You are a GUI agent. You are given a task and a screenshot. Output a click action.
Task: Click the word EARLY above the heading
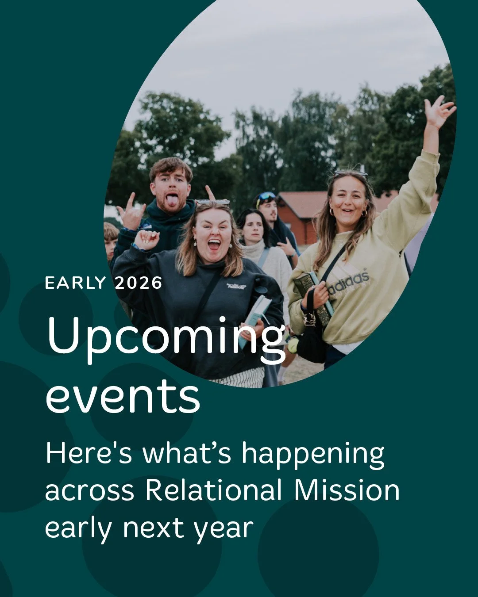[x=76, y=283]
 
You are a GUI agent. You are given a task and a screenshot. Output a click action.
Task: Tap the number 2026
[x=139, y=283]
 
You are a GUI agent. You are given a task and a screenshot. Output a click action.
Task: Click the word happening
[x=313, y=454]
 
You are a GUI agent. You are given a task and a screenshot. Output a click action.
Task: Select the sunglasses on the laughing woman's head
[x=213, y=203]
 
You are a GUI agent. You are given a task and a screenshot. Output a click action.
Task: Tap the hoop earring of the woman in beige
[x=365, y=213]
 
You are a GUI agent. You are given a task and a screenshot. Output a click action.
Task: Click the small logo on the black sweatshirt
[x=236, y=286]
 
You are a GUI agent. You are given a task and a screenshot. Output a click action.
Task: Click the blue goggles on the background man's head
[x=266, y=196]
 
